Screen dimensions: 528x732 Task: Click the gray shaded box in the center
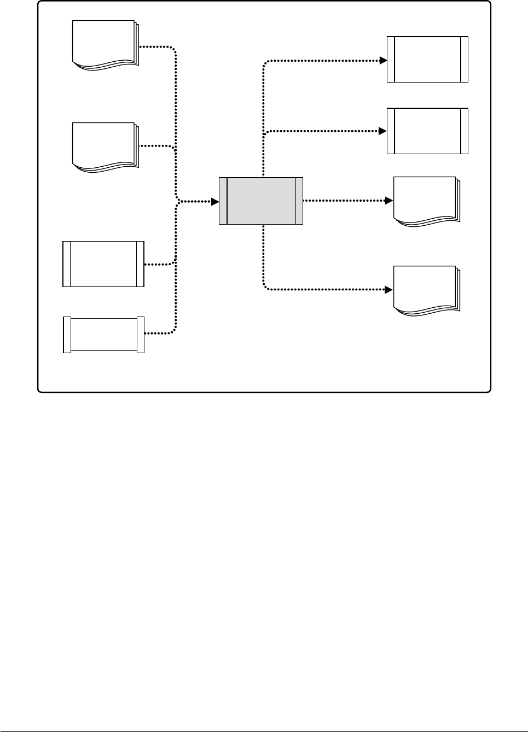point(261,201)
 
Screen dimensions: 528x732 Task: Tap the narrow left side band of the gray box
point(223,201)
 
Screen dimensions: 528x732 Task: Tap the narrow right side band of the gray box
point(299,201)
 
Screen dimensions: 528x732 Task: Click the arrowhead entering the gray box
point(215,201)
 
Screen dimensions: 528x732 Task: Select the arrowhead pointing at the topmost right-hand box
point(384,60)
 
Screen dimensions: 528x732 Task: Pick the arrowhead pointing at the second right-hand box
point(384,131)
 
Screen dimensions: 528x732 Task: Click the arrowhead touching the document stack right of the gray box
point(390,201)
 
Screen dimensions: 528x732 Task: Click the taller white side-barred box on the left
point(103,263)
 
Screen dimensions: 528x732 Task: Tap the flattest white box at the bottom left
point(103,335)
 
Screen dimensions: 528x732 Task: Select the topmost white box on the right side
point(427,60)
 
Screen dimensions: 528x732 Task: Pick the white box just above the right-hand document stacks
point(427,131)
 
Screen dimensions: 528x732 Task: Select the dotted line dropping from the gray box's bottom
point(264,257)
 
